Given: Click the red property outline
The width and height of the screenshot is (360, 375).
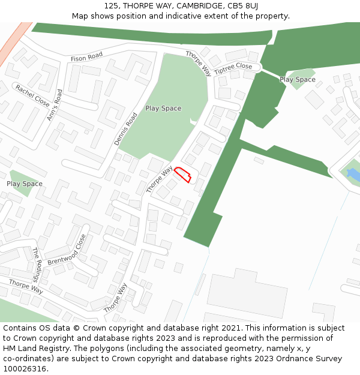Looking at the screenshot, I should (182, 175).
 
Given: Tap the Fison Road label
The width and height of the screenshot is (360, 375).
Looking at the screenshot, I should (87, 58).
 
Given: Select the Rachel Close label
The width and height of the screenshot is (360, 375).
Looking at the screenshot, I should (32, 95).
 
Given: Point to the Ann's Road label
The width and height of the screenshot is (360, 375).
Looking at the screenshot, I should (55, 105).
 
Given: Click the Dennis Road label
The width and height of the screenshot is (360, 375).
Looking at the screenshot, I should (126, 129).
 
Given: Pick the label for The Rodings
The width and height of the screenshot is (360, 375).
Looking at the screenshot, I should (36, 265).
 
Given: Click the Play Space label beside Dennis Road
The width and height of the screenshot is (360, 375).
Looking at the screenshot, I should (163, 109).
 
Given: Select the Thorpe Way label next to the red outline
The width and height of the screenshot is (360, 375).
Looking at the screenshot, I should (159, 179).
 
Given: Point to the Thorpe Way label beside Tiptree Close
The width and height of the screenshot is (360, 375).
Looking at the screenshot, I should (199, 63).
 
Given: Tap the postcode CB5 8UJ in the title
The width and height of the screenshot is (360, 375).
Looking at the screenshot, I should (241, 6).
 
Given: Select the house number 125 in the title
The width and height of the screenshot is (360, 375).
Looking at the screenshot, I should (110, 6).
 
